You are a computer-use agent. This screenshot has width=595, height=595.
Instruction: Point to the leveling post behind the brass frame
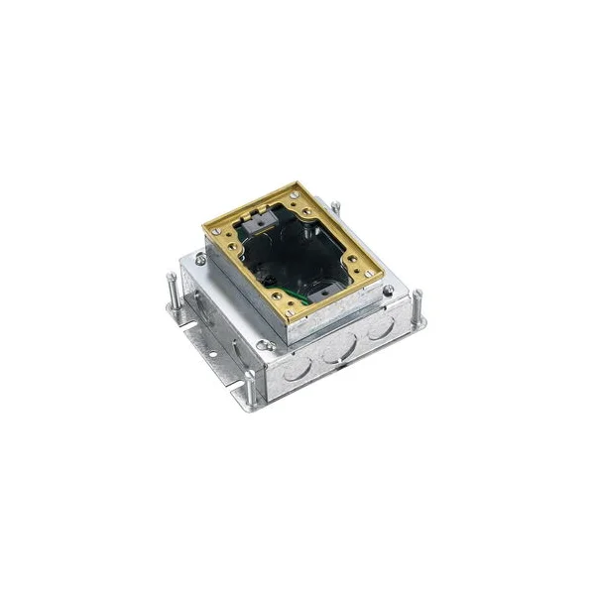coord(338,214)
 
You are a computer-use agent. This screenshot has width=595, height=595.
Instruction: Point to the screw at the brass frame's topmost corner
coord(298,187)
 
